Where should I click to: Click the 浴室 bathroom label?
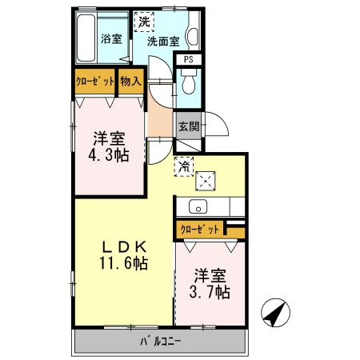(x=111, y=38)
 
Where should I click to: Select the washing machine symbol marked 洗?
(x=143, y=22)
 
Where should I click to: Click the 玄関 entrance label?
(x=189, y=126)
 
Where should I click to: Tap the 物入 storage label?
(x=130, y=81)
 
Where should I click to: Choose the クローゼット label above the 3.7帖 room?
(x=200, y=229)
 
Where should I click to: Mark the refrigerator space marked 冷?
(x=184, y=167)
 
